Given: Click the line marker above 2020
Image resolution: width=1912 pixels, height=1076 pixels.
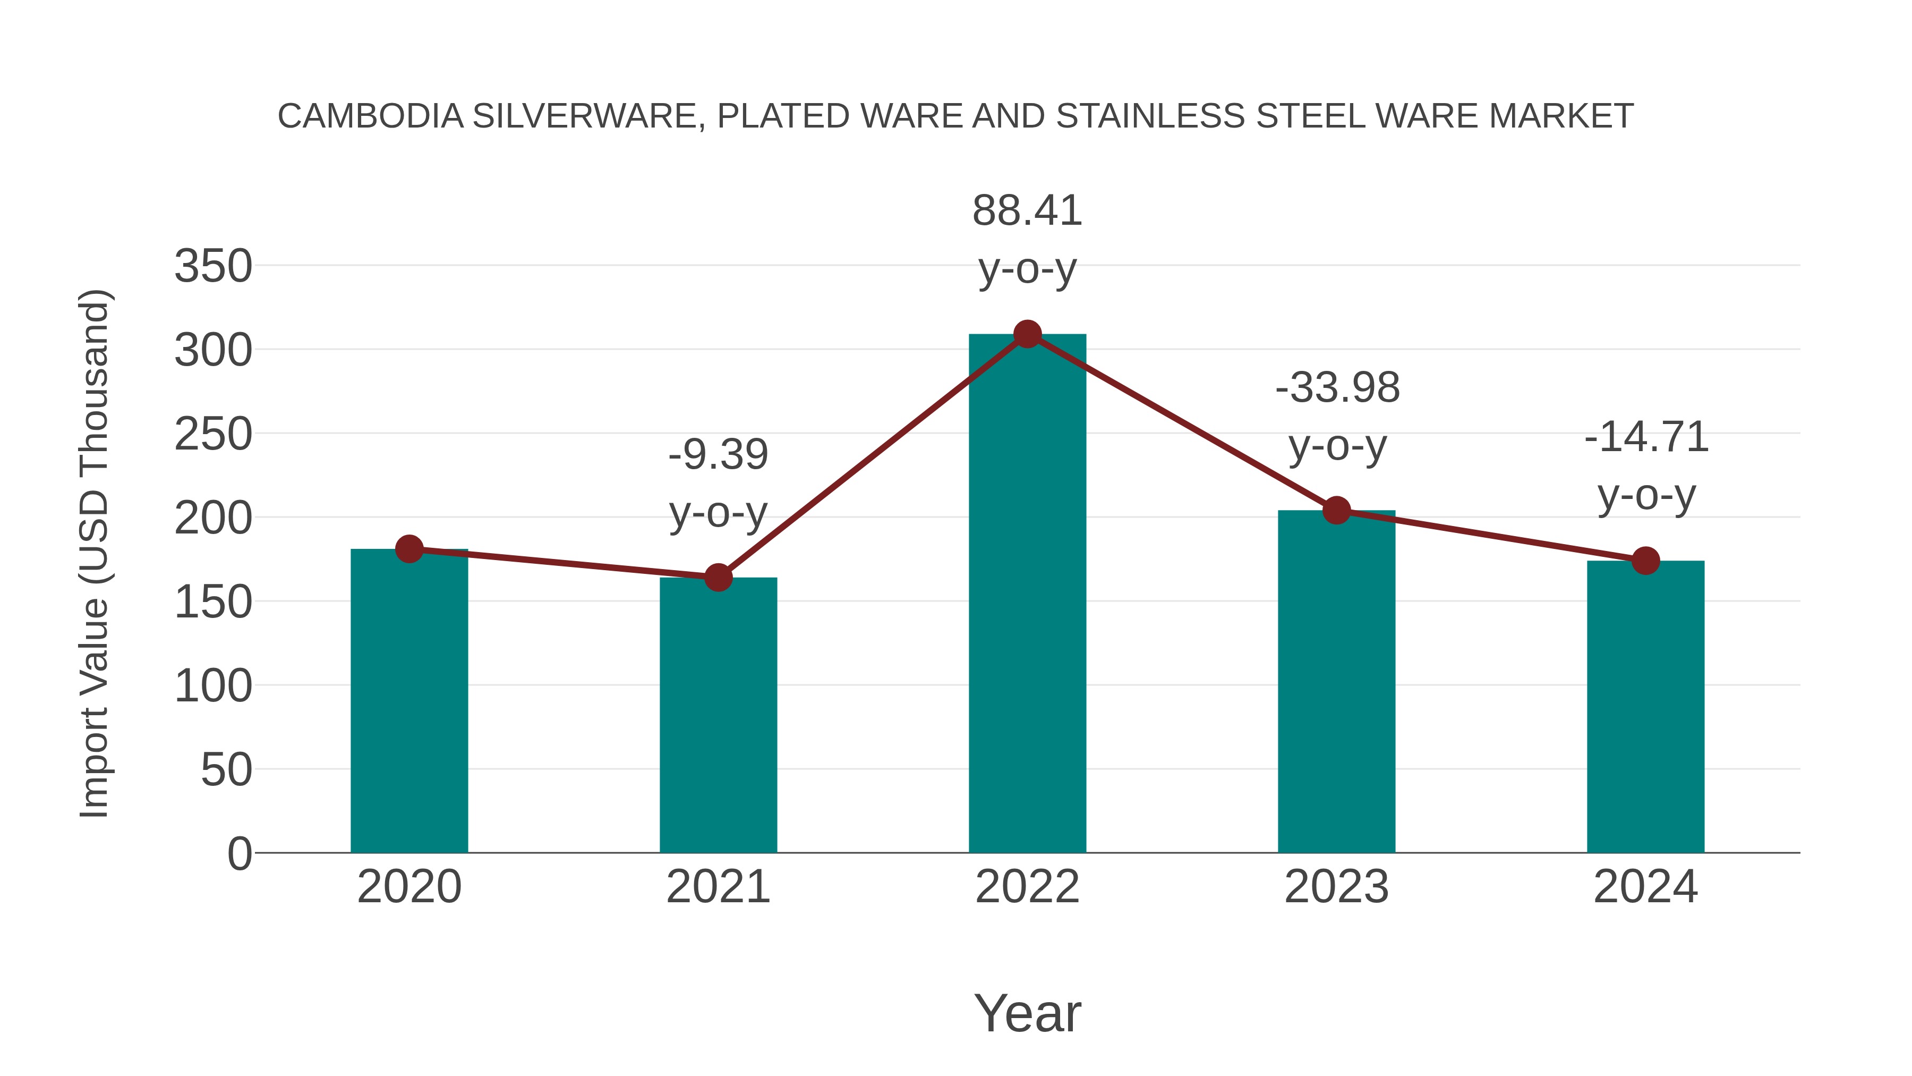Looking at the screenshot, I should click(x=409, y=549).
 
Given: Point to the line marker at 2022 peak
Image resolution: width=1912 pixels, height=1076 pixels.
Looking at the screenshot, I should click(x=1027, y=334).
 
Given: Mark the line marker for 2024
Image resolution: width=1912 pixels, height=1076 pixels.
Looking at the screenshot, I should click(x=1645, y=561).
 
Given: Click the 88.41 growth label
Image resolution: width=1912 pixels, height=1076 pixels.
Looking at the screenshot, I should click(x=1027, y=211).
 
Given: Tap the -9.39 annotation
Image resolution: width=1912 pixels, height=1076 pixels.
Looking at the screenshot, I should click(x=718, y=455).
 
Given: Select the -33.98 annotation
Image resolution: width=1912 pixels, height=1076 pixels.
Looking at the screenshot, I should click(x=1337, y=388).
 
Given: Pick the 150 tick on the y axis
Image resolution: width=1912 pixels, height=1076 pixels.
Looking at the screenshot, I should click(x=213, y=601).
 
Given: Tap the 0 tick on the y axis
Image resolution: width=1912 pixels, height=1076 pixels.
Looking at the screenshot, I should click(x=239, y=853).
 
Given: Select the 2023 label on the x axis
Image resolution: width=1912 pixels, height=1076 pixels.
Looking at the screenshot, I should click(x=1336, y=887).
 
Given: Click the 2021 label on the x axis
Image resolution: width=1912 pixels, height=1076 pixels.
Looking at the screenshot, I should click(x=718, y=887).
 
